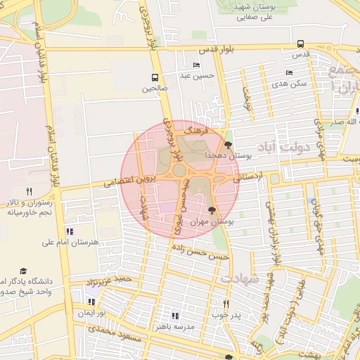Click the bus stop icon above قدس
pyautogui.click(x=301, y=44)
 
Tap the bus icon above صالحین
pyautogui.click(x=155, y=77)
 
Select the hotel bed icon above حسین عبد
pyautogui.click(x=196, y=65)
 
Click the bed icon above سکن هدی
pyautogui.click(x=289, y=73)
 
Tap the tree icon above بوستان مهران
pyautogui.click(x=212, y=210)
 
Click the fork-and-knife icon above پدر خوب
pyautogui.click(x=226, y=304)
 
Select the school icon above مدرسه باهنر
pyautogui.click(x=175, y=316)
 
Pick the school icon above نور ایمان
pyautogui.click(x=91, y=302)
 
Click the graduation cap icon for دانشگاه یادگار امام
pyautogui.click(x=23, y=271)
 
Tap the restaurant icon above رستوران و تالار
pyautogui.click(x=29, y=191)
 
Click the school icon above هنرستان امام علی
pyautogui.click(x=69, y=231)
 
